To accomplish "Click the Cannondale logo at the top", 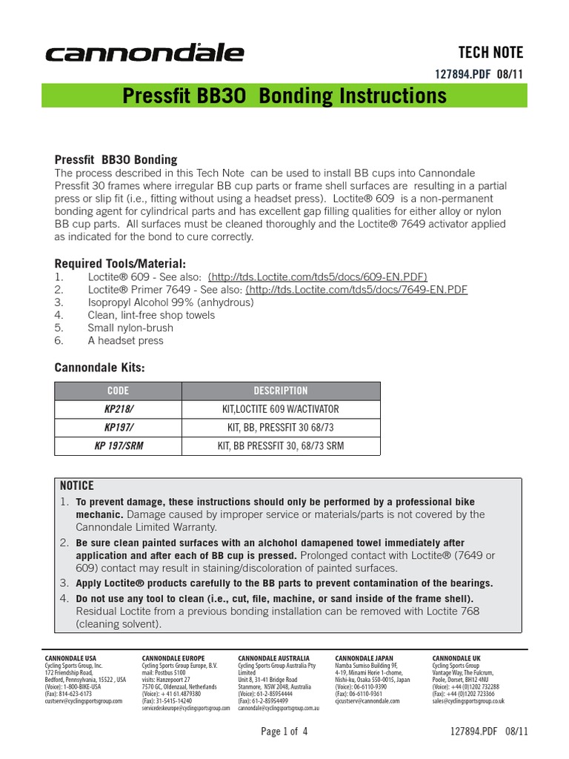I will pyautogui.click(x=145, y=53).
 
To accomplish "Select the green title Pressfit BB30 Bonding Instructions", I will pyautogui.click(x=284, y=96).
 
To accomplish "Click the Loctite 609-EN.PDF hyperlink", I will pyautogui.click(x=317, y=276).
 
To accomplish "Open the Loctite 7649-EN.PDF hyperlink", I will pyautogui.click(x=356, y=289).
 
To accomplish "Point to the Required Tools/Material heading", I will pyautogui.click(x=121, y=263).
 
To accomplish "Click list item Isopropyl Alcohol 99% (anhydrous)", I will pyautogui.click(x=170, y=302).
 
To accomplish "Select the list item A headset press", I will pyautogui.click(x=125, y=340).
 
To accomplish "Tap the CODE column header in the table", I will pyautogui.click(x=118, y=391).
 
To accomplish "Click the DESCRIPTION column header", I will pyautogui.click(x=281, y=391).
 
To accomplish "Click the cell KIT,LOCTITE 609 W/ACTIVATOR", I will pyautogui.click(x=281, y=409).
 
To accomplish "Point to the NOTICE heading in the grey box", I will pyautogui.click(x=77, y=486).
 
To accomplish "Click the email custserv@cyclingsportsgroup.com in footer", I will pyautogui.click(x=84, y=700).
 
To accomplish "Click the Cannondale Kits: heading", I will pyautogui.click(x=100, y=368).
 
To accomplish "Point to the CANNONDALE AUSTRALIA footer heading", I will pyautogui.click(x=273, y=658).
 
